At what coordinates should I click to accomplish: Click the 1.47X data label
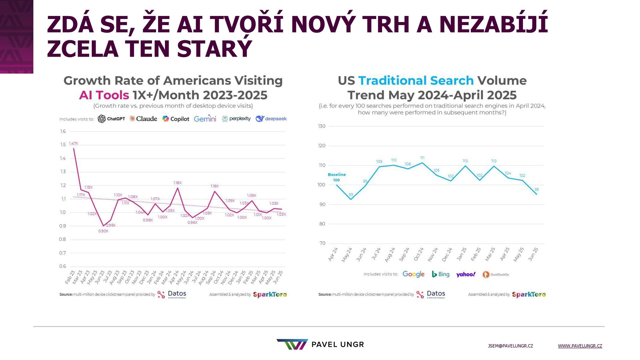[x=73, y=143]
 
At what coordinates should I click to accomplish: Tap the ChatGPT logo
[x=111, y=119]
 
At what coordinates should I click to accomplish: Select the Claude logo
[x=143, y=119]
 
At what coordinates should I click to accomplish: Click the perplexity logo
[x=236, y=119]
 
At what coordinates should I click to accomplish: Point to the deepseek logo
[x=271, y=119]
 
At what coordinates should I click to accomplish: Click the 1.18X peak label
[x=177, y=183]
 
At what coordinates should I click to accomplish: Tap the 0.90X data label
[x=103, y=231]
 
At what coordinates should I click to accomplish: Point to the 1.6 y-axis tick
[x=63, y=131]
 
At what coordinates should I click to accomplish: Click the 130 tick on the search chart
[x=322, y=126]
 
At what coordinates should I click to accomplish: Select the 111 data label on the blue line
[x=422, y=158]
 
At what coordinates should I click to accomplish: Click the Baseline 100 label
[x=337, y=177]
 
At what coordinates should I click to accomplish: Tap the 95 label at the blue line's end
[x=537, y=189]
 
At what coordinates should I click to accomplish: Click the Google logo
[x=413, y=274]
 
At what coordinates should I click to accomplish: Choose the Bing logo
[x=441, y=274]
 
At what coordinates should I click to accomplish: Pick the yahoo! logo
[x=466, y=274]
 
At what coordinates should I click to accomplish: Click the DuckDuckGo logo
[x=496, y=274]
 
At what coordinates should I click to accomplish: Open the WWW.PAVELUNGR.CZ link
[x=580, y=346]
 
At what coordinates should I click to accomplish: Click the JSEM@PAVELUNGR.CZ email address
[x=510, y=346]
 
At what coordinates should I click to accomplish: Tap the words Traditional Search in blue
[x=416, y=81]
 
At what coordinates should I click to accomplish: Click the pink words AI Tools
[x=104, y=95]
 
